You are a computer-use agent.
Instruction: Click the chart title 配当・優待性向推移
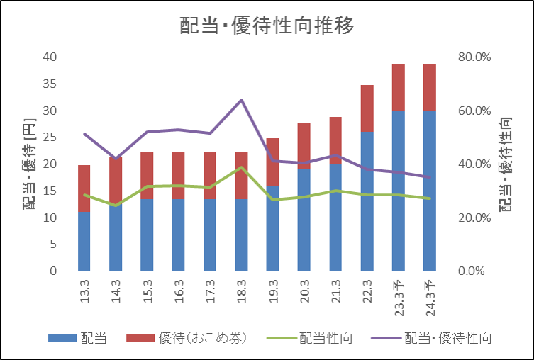click(267, 26)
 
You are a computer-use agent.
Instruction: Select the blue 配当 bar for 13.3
click(84, 241)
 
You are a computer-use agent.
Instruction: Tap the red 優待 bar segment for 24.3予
click(430, 87)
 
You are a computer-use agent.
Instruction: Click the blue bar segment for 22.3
click(367, 201)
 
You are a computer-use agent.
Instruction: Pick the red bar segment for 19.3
click(273, 162)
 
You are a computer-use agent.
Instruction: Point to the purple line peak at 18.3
click(241, 100)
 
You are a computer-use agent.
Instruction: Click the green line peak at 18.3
click(241, 167)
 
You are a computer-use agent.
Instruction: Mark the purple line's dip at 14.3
click(116, 159)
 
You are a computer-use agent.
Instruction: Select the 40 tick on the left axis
click(50, 57)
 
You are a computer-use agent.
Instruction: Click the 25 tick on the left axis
click(50, 137)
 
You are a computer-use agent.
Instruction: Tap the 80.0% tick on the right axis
click(474, 57)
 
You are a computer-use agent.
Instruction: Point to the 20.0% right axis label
click(474, 218)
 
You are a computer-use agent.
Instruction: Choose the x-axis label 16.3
click(179, 291)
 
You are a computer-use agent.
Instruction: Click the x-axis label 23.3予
click(399, 298)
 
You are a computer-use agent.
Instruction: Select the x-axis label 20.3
click(304, 291)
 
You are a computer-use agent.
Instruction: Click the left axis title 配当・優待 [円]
click(29, 164)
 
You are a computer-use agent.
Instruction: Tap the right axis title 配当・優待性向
click(506, 164)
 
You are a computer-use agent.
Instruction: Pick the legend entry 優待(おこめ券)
click(187, 338)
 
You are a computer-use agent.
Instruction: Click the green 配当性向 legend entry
click(310, 338)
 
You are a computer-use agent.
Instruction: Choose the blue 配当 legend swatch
click(62, 338)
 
